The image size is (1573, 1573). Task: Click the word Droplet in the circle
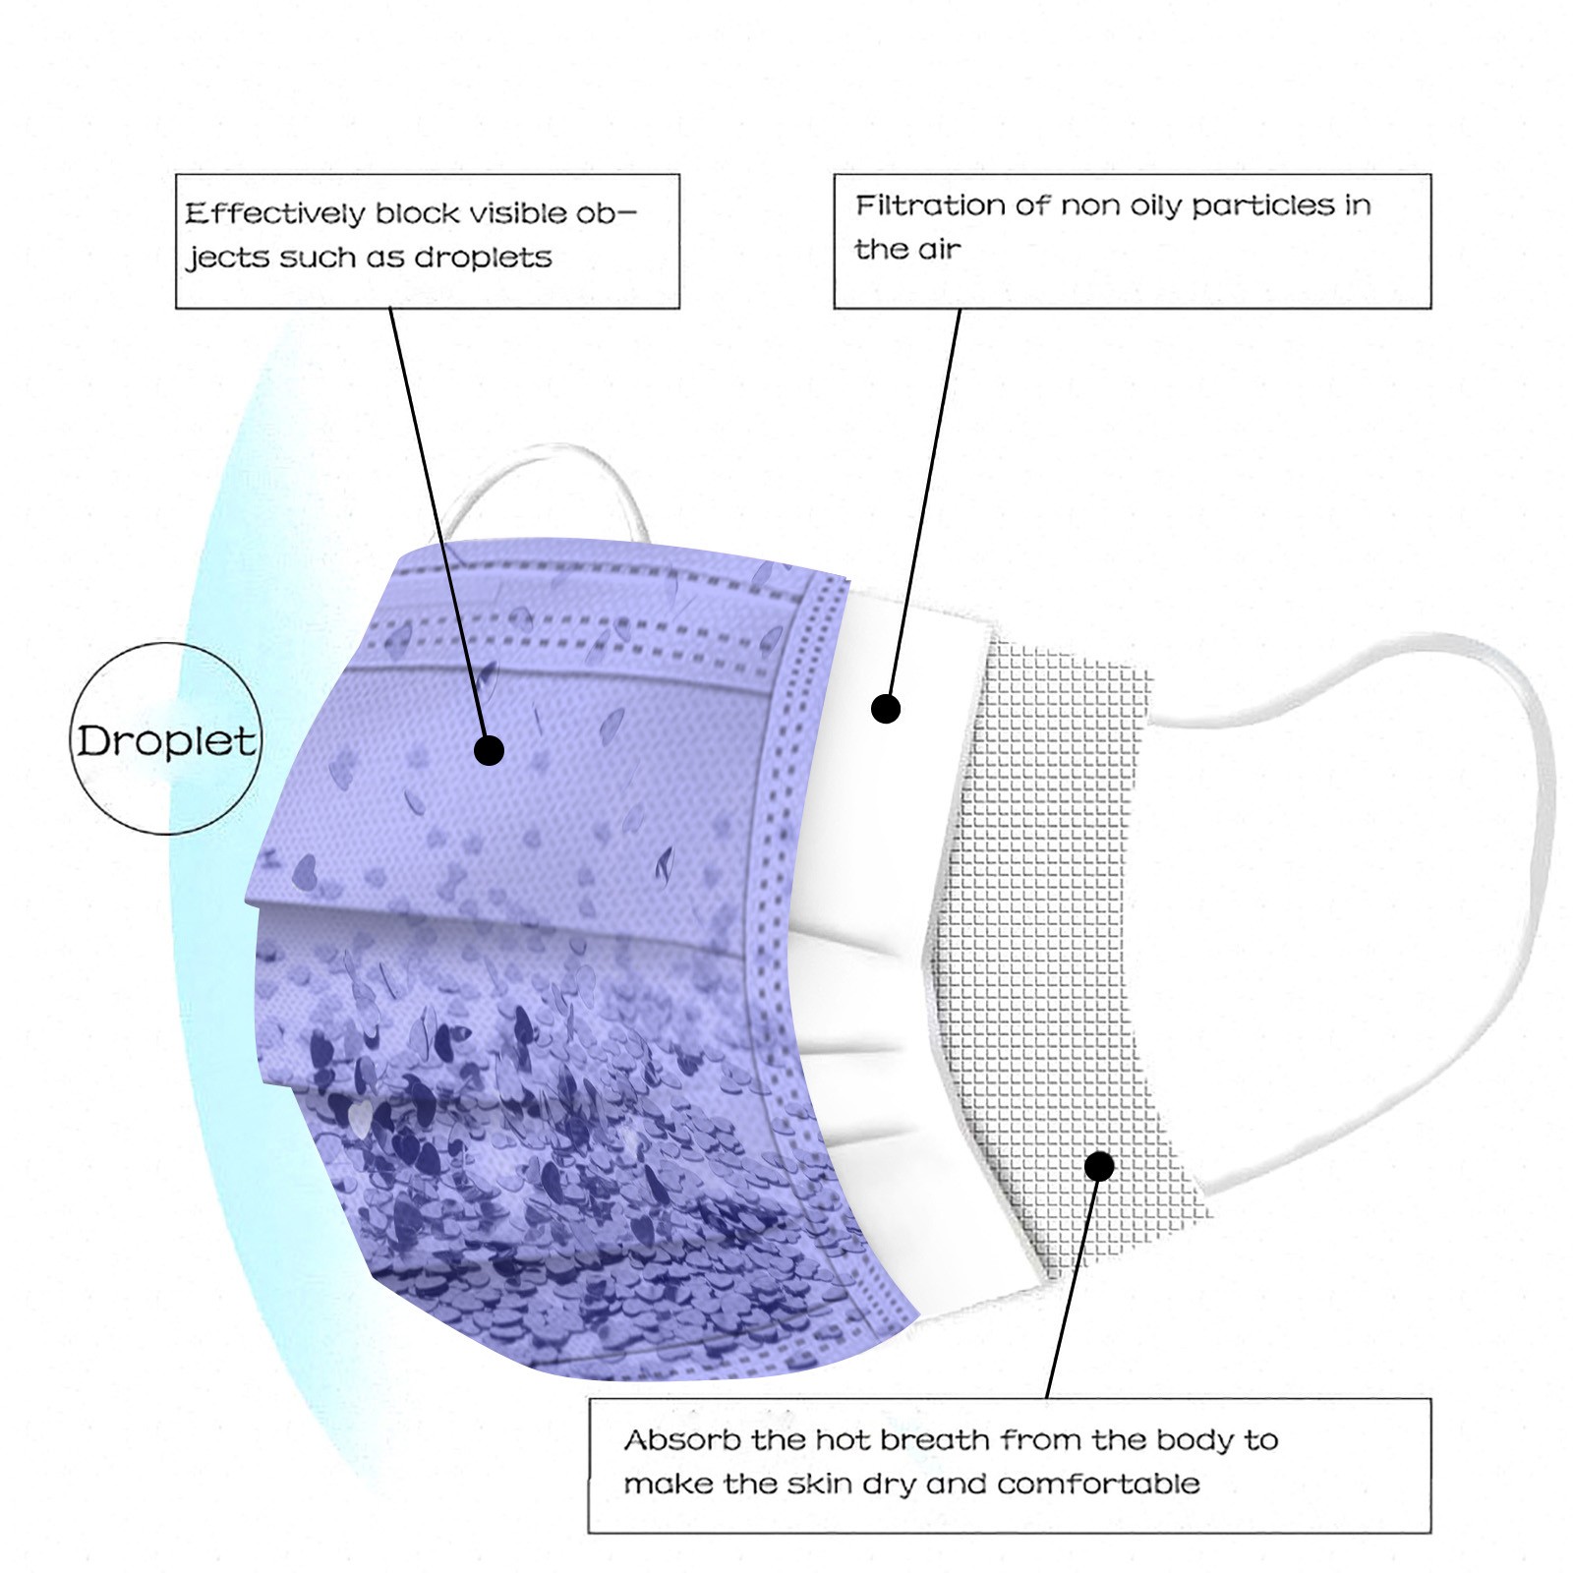[x=166, y=741]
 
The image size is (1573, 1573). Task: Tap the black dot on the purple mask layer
[x=489, y=750]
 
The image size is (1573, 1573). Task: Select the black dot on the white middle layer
[x=886, y=708]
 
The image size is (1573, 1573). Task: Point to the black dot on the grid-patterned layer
[x=1100, y=1166]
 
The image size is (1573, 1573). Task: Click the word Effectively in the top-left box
[x=274, y=213]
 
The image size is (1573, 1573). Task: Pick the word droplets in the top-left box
[x=483, y=258]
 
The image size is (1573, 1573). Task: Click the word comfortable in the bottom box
[x=1098, y=1484]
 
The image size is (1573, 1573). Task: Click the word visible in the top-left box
[x=517, y=213]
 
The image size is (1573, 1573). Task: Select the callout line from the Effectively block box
[x=438, y=529]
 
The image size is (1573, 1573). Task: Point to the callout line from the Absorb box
[x=1074, y=1282]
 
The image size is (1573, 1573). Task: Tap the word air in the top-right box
[x=939, y=251]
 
